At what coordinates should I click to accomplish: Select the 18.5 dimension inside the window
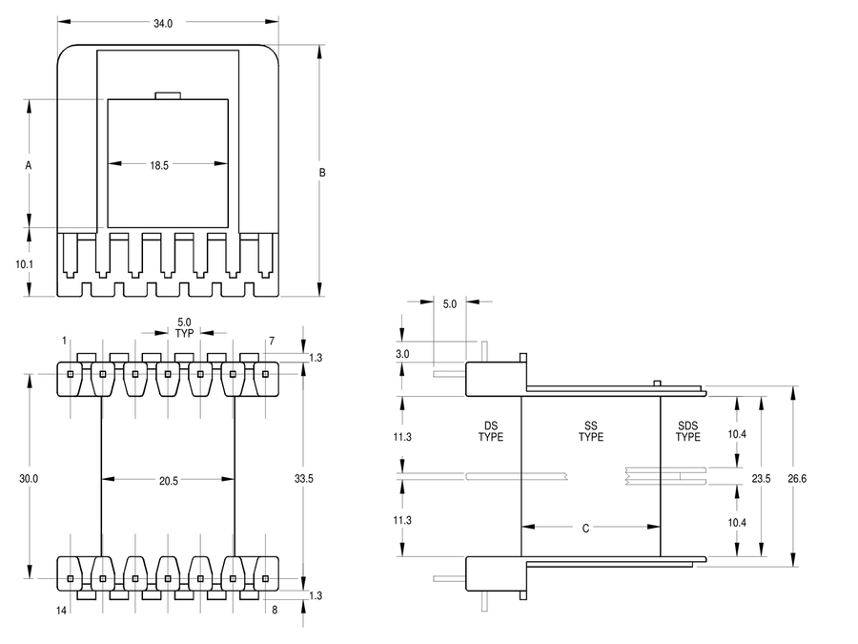point(158,165)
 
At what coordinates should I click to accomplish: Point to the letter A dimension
point(29,165)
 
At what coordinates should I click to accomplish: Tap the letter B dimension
point(322,173)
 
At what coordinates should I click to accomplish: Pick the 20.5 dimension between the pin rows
point(168,481)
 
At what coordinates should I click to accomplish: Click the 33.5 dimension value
point(303,478)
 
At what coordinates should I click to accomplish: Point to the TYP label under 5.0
point(185,334)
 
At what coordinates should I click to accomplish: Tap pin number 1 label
point(64,341)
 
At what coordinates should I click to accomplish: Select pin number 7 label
point(272,341)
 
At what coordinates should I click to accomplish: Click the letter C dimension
point(585,527)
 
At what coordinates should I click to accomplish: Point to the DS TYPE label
point(491,431)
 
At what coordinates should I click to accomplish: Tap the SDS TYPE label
point(688,431)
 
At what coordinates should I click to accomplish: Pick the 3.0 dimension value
point(403,354)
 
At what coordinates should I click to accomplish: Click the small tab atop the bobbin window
point(167,94)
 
